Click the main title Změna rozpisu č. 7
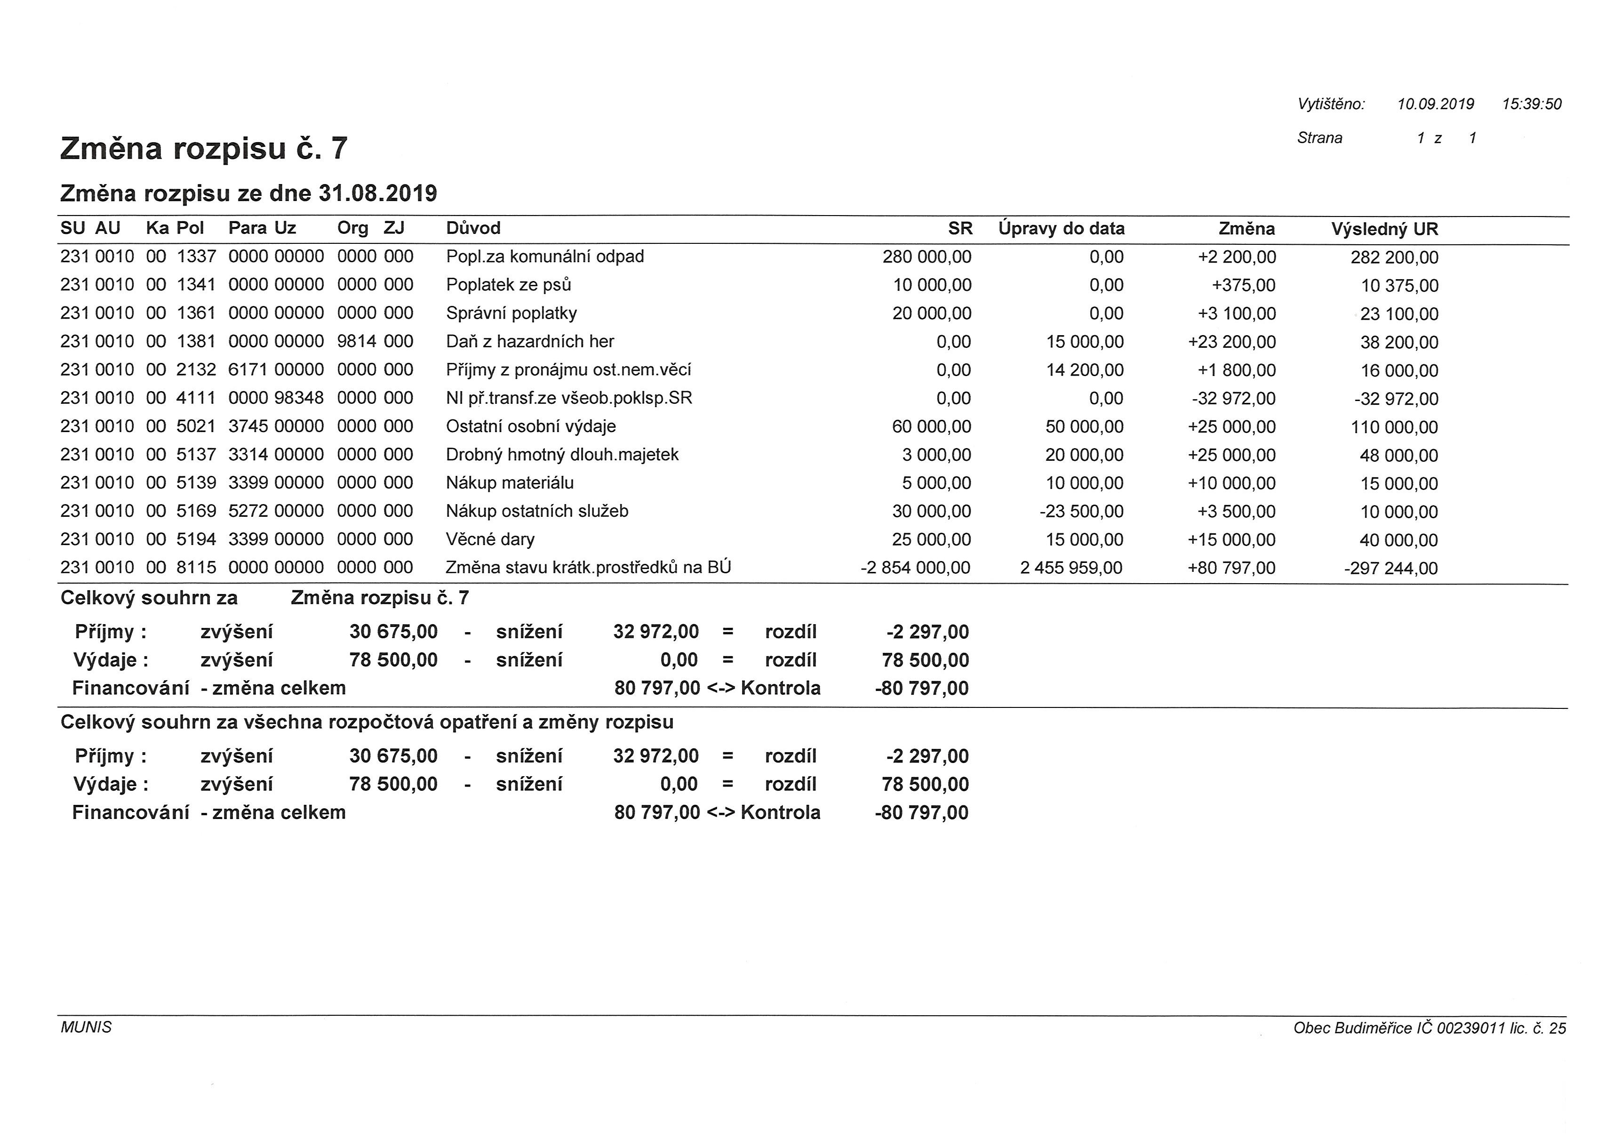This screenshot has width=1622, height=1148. pyautogui.click(x=204, y=148)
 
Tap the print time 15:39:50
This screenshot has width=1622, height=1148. pyautogui.click(x=1532, y=104)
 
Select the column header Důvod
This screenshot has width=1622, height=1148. pyautogui.click(x=473, y=228)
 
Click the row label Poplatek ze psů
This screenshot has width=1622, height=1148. pyautogui.click(x=508, y=285)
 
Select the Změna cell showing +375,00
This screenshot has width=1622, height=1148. pyautogui.click(x=1243, y=286)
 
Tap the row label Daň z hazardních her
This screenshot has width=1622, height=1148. pyautogui.click(x=529, y=341)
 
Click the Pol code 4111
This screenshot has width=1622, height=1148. pyautogui.click(x=196, y=398)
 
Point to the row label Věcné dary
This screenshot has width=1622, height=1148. pyautogui.click(x=490, y=539)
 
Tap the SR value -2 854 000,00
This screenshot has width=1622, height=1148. pyautogui.click(x=915, y=568)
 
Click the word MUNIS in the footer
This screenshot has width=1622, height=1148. pyautogui.click(x=86, y=1027)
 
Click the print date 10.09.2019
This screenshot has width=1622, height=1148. pyautogui.click(x=1435, y=104)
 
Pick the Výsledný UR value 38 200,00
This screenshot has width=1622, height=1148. pyautogui.click(x=1398, y=342)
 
